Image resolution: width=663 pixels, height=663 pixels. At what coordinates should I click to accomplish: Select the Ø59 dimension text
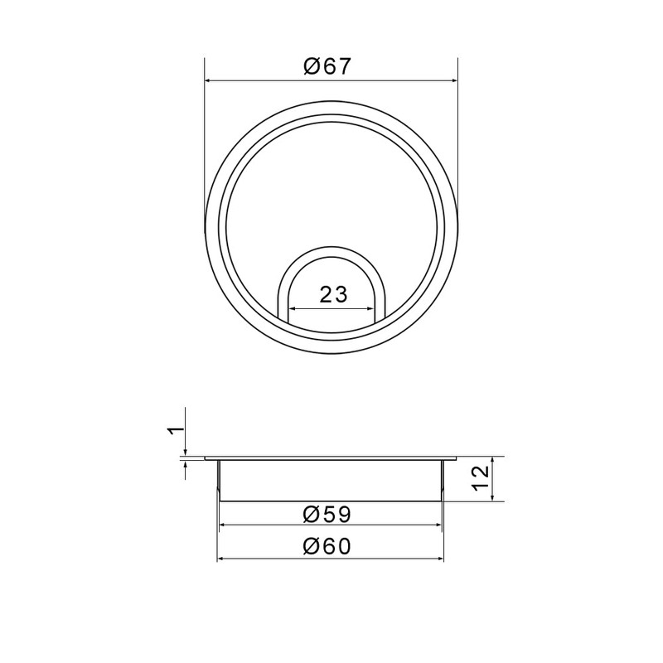click(x=328, y=514)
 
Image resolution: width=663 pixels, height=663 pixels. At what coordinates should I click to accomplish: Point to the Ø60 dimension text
click(x=328, y=547)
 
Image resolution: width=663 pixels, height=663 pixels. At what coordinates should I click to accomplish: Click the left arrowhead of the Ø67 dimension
click(x=209, y=81)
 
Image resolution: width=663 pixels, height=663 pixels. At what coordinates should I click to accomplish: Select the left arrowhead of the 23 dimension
click(x=292, y=310)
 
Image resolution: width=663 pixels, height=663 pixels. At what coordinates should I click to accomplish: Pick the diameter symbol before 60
click(x=311, y=547)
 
